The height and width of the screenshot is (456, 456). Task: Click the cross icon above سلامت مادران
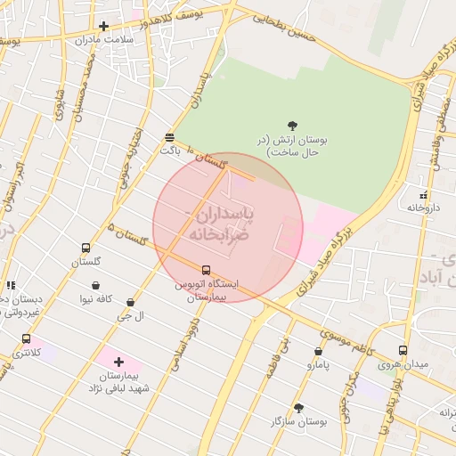pyautogui.click(x=103, y=26)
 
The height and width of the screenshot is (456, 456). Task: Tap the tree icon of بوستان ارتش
pyautogui.click(x=294, y=126)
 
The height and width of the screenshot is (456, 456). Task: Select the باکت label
pyautogui.click(x=169, y=151)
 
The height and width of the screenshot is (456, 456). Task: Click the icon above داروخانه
pyautogui.click(x=423, y=194)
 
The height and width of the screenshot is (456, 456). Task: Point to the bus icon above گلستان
pyautogui.click(x=85, y=248)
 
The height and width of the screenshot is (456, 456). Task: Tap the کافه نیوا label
pyautogui.click(x=94, y=299)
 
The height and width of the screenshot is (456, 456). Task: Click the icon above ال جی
pyautogui.click(x=131, y=303)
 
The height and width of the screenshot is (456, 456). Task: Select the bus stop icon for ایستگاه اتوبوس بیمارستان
pyautogui.click(x=206, y=270)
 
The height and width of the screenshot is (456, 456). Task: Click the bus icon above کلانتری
pyautogui.click(x=26, y=339)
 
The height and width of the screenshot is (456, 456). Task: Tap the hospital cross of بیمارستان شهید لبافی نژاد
pyautogui.click(x=118, y=362)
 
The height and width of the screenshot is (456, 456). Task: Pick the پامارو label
pyautogui.click(x=318, y=364)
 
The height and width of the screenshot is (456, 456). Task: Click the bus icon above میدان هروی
pyautogui.click(x=403, y=351)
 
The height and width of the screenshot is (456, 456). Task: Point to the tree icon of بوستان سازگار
pyautogui.click(x=298, y=407)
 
